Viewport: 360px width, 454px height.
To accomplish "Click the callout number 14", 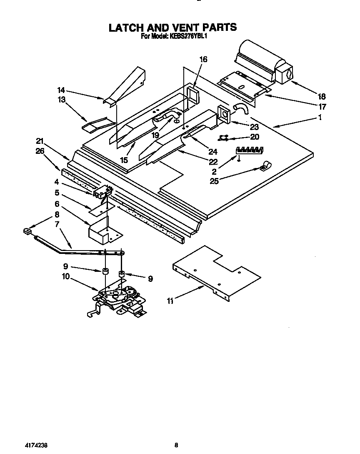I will pyautogui.click(x=61, y=90).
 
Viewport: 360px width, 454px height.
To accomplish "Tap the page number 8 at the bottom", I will pyautogui.click(x=176, y=445).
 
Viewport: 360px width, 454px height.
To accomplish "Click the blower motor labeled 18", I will pyautogui.click(x=262, y=63).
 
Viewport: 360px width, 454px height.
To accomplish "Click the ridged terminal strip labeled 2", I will pyautogui.click(x=250, y=150).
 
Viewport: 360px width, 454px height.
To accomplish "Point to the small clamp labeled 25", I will pyautogui.click(x=264, y=168).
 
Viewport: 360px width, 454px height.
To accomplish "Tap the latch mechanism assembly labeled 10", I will pyautogui.click(x=119, y=298).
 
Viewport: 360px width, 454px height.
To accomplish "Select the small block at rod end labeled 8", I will pyautogui.click(x=28, y=231).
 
